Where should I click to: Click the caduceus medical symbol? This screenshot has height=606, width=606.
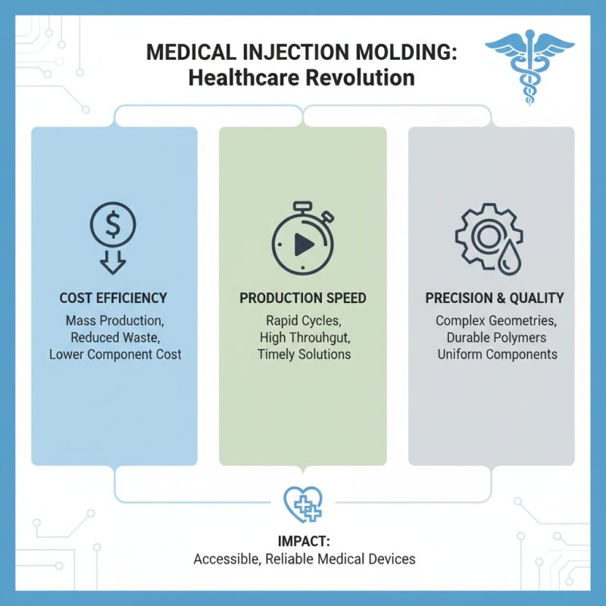point(523,67)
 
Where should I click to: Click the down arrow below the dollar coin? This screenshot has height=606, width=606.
point(113,261)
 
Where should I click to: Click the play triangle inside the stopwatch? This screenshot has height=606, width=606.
point(303,244)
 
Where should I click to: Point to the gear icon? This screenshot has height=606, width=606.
point(481,235)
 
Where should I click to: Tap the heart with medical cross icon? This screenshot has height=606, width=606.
point(303,504)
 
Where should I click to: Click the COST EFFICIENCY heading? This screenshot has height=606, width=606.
point(113,298)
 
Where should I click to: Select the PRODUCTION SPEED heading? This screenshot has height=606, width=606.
point(303,298)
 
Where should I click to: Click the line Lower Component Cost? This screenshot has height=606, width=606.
point(114,354)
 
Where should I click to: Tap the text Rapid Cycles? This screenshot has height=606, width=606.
point(303,320)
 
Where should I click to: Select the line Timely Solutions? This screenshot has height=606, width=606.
point(303,354)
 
